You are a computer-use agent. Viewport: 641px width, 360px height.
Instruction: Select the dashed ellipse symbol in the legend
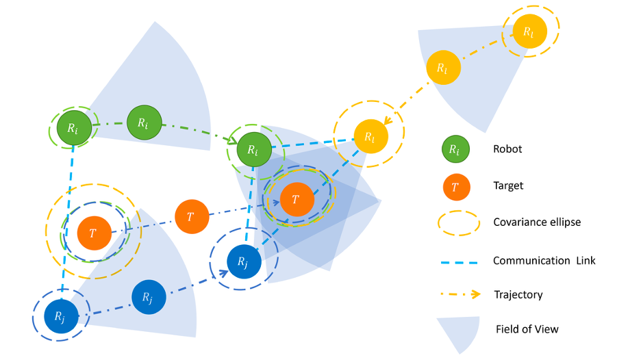pos(456,222)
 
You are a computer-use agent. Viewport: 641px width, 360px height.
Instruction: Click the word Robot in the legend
pos(507,149)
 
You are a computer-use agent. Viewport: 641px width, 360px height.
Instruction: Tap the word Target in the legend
pos(508,185)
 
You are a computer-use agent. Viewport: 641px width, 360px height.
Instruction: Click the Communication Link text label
pos(544,260)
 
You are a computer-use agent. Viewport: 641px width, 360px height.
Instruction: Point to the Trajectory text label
pos(518,295)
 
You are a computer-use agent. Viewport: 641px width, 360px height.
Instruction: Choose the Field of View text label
pos(527,329)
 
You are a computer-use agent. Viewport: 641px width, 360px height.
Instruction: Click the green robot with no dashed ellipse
pos(142,123)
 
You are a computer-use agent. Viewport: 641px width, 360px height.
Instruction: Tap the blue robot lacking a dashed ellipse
pos(148,297)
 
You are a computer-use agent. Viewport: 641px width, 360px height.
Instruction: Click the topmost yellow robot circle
pos(529,31)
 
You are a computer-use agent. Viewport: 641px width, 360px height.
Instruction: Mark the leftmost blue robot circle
pos(59,316)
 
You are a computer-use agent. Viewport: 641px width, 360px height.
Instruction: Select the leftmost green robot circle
pos(72,128)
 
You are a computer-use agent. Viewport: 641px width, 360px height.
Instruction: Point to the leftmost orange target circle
pos(92,233)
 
